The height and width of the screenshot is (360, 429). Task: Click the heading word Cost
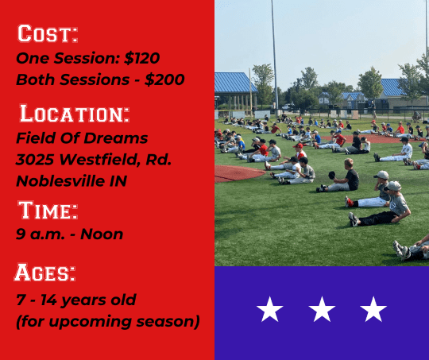click(48, 33)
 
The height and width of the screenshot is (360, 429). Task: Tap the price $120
click(141, 58)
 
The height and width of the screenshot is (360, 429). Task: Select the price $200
click(164, 79)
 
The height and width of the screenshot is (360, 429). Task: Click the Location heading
click(75, 114)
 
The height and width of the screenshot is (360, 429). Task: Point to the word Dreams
click(115, 138)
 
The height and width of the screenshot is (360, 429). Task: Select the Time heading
click(48, 210)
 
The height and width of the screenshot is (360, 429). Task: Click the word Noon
click(102, 234)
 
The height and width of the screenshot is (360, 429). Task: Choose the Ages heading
click(44, 273)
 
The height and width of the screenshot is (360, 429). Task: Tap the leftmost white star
click(270, 309)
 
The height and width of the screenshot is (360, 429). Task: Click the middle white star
click(322, 309)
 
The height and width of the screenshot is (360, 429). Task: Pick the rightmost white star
click(373, 309)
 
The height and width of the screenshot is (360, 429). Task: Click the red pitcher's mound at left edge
click(238, 173)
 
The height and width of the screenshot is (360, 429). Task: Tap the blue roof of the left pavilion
click(234, 83)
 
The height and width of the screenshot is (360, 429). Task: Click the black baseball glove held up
click(331, 175)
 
